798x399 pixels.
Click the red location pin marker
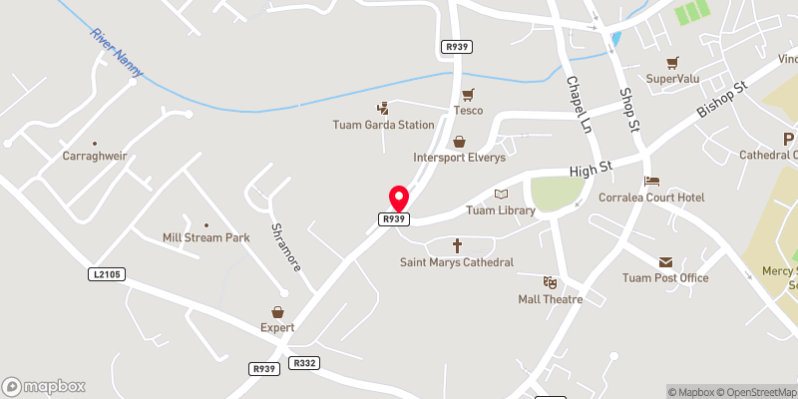(x=398, y=198)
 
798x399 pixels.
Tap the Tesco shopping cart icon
(x=467, y=94)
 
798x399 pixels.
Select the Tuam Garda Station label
(x=384, y=125)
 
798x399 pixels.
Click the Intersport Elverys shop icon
(x=459, y=142)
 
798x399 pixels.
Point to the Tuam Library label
(x=501, y=210)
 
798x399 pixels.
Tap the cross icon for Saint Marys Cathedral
(x=458, y=244)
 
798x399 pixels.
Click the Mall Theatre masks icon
(x=549, y=283)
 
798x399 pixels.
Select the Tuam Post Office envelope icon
(x=665, y=261)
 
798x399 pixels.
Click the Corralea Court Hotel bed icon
(x=651, y=182)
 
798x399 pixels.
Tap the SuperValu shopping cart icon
(x=673, y=62)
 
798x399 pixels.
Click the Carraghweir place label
(x=95, y=157)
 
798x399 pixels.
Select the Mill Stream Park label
(x=205, y=237)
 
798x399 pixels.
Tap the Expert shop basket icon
(x=278, y=312)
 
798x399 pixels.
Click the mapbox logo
(x=44, y=386)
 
